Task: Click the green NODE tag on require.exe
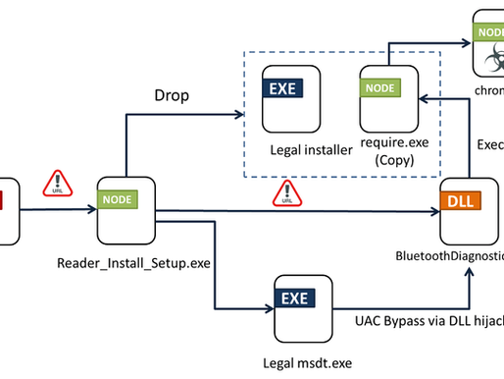(378, 87)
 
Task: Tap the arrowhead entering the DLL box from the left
(436, 209)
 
